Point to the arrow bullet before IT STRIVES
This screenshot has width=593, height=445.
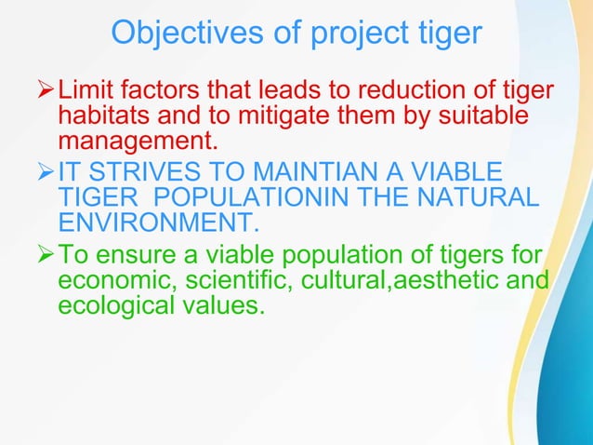pos(46,173)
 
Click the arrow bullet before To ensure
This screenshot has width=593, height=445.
pos(46,252)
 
